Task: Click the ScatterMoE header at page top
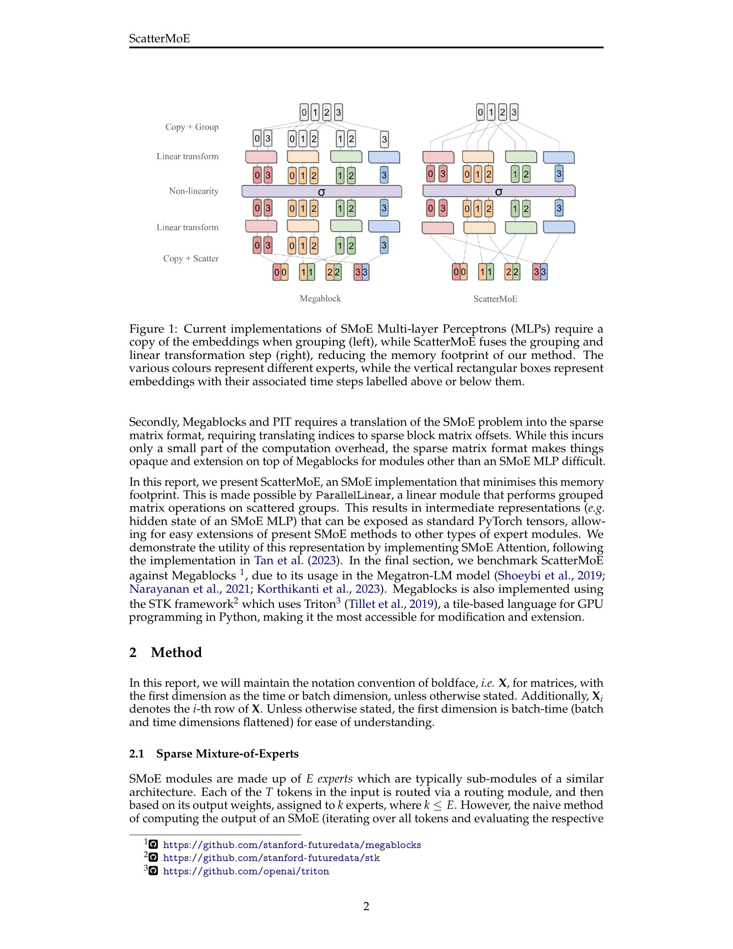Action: [x=160, y=39]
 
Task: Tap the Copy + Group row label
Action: [x=191, y=127]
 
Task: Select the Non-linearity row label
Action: [x=193, y=191]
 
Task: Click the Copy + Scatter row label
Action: [x=191, y=258]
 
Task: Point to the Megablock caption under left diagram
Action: [x=320, y=299]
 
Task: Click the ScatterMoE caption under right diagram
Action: [x=495, y=299]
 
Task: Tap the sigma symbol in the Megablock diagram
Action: [x=321, y=192]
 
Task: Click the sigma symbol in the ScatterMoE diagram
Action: [x=498, y=192]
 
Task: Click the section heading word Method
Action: [x=176, y=652]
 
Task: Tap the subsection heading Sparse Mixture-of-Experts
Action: [x=227, y=754]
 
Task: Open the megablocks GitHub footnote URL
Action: [x=292, y=845]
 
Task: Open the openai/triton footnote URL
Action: [x=246, y=871]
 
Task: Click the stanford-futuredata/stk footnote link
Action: [x=271, y=858]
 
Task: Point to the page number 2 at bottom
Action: [x=366, y=906]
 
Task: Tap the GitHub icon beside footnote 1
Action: [x=153, y=845]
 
